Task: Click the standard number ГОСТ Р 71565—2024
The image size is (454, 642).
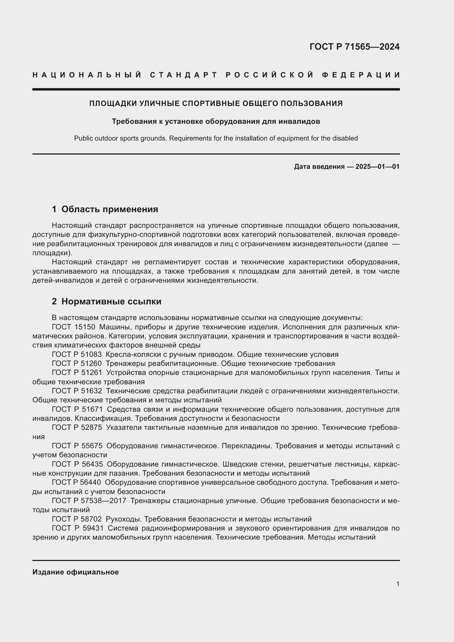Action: click(354, 47)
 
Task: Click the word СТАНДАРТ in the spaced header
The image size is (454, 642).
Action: click(184, 75)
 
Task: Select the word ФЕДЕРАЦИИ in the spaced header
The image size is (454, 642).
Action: click(361, 75)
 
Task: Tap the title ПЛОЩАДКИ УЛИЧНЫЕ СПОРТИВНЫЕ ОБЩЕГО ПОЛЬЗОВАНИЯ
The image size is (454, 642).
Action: click(216, 103)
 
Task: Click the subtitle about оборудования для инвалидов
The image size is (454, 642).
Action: click(216, 122)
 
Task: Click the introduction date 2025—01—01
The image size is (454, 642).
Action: click(377, 167)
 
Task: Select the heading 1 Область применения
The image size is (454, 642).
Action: click(105, 209)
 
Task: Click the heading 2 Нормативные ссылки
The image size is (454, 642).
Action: click(107, 301)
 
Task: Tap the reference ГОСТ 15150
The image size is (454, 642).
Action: click(74, 327)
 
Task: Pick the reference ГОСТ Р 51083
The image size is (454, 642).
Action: click(77, 354)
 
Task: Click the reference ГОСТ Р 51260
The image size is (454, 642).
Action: click(77, 363)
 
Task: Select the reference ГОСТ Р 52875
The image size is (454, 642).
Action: click(77, 428)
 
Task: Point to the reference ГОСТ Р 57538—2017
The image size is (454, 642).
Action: click(89, 501)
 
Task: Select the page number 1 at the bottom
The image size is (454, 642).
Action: click(397, 584)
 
